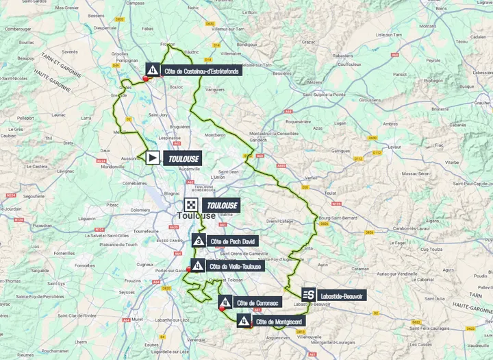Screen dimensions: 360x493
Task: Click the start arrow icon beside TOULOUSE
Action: (x=151, y=158)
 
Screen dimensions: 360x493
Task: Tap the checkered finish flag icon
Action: (x=191, y=205)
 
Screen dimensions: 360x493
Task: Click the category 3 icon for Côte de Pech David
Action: (x=198, y=241)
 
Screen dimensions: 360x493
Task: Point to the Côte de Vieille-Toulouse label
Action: (x=235, y=266)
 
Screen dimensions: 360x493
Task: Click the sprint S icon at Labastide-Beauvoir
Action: (x=309, y=294)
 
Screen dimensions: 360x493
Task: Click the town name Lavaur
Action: (x=412, y=146)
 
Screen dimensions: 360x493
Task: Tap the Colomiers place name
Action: (x=140, y=210)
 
